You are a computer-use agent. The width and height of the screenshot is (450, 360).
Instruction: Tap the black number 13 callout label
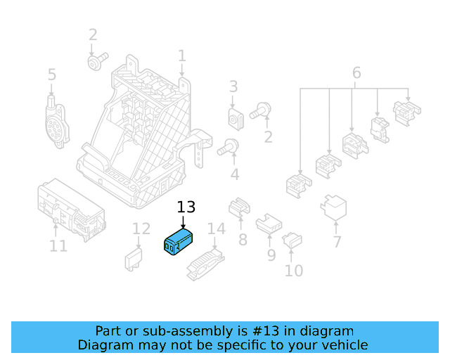(x=186, y=207)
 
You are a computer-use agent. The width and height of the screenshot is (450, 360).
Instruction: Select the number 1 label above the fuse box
(x=181, y=56)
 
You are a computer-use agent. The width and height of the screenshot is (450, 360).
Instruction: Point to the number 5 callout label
(x=51, y=75)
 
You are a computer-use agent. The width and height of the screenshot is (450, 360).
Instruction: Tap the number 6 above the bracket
(x=356, y=73)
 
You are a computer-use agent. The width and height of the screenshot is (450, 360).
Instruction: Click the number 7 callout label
(x=337, y=243)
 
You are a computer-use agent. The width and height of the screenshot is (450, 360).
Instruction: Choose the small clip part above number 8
(x=240, y=207)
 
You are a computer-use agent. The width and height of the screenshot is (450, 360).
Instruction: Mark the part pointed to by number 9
(x=268, y=224)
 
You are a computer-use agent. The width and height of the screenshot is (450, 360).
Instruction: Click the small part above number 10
(x=292, y=242)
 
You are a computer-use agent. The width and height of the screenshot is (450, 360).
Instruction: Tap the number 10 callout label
(x=293, y=271)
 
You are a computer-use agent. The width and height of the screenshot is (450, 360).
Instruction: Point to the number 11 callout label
(x=58, y=246)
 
